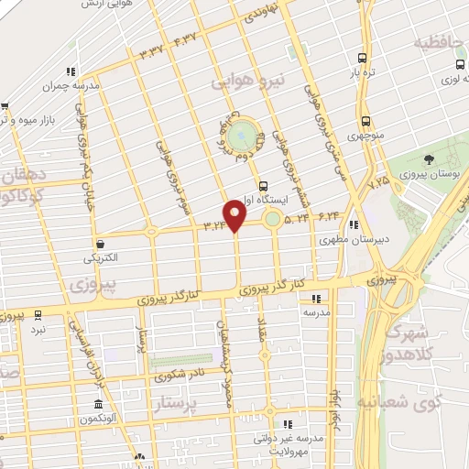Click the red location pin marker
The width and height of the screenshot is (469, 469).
click(x=235, y=214)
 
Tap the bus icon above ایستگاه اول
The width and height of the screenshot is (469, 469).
click(x=264, y=185)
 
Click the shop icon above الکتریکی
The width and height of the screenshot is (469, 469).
click(x=100, y=244)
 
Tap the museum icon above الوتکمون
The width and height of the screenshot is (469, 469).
click(x=97, y=405)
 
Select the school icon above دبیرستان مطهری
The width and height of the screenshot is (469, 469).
click(x=352, y=224)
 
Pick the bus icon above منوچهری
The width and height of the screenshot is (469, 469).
click(x=365, y=121)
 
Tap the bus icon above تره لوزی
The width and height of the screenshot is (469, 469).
click(x=461, y=65)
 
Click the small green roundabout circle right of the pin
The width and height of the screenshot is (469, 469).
click(x=272, y=218)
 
